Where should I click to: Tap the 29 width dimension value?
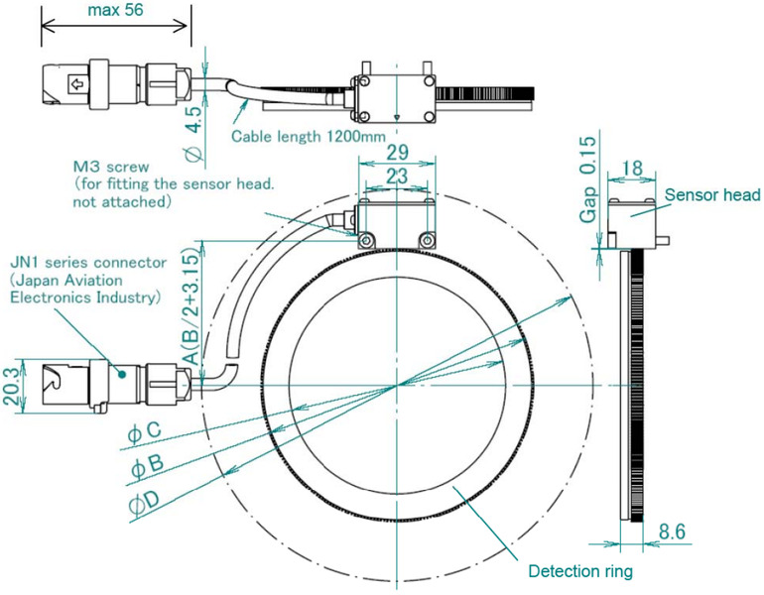click(396, 156)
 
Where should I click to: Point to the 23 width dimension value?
click(396, 178)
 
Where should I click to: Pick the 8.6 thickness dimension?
click(675, 533)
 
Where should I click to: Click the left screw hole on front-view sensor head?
click(365, 239)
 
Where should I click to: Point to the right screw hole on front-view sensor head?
click(428, 239)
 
